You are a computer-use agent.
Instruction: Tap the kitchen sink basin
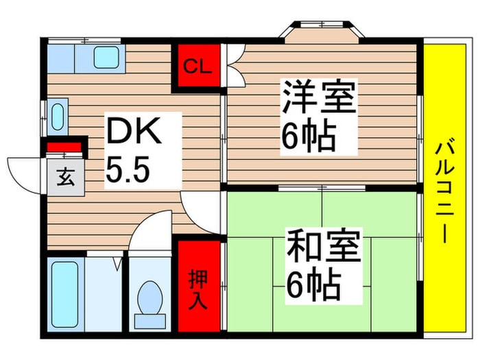[106, 58]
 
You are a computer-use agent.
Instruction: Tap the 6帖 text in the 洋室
[308, 137]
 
